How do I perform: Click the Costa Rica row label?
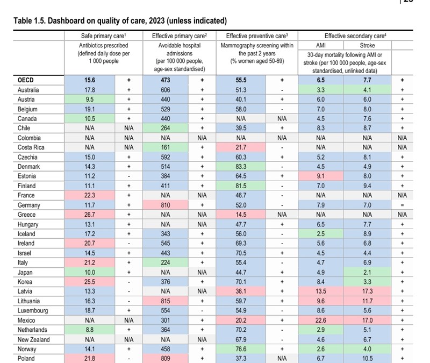30,147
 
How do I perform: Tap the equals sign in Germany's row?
402,205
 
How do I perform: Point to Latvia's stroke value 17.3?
367,291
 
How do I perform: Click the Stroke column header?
367,46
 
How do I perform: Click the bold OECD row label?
26,80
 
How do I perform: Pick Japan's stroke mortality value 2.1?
367,272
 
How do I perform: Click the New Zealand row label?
33,339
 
